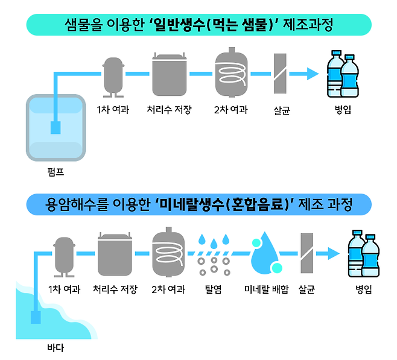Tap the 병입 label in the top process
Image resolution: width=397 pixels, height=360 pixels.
click(x=343, y=110)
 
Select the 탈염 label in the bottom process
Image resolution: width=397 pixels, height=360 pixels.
click(x=214, y=289)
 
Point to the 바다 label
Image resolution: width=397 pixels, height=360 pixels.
click(x=56, y=348)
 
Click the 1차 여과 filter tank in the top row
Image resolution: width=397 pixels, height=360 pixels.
click(x=113, y=77)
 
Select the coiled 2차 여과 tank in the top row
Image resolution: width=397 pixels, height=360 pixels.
click(x=231, y=75)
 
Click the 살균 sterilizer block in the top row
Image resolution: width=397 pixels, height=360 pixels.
click(x=279, y=74)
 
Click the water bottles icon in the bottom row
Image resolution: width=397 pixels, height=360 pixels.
click(x=364, y=254)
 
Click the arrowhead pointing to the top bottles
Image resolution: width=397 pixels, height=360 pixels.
click(x=312, y=74)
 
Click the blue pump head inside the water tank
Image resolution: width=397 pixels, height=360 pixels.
click(x=56, y=128)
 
